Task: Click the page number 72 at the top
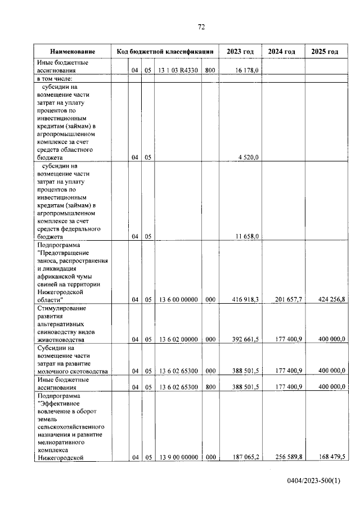pos(201,27)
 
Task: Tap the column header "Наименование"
pos(72,52)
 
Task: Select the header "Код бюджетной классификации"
pos(165,52)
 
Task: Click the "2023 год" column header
pos(240,52)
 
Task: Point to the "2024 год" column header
pos(282,52)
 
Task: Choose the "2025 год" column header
pos(325,52)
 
